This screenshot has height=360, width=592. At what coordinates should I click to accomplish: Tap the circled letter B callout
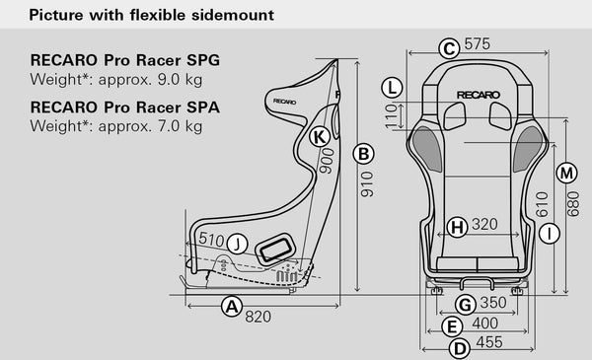(364, 154)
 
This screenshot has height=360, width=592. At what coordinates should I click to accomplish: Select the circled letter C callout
(448, 47)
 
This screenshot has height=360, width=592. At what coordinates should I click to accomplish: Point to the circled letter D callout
(458, 347)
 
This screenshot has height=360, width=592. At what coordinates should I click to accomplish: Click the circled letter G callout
(466, 304)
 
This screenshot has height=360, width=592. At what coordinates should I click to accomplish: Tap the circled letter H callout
(456, 226)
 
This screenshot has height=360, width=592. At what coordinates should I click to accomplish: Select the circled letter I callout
(550, 233)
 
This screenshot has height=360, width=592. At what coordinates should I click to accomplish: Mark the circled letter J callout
(237, 243)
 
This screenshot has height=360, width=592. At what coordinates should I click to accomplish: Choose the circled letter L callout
(394, 86)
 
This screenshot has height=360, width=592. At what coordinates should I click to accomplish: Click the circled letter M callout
(566, 174)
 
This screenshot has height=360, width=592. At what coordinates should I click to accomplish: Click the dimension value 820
(258, 317)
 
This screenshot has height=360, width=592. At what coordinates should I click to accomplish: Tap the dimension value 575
(478, 45)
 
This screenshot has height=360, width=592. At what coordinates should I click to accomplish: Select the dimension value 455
(487, 343)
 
